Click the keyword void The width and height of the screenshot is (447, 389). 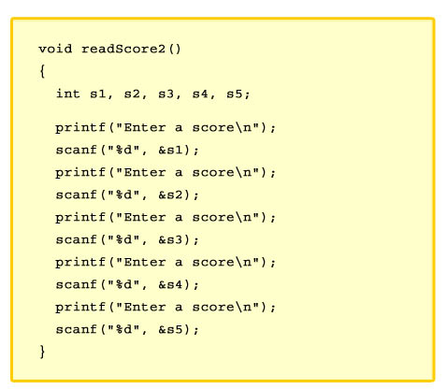pyautogui.click(x=55, y=49)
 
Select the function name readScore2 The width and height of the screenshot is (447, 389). pyautogui.click(x=123, y=49)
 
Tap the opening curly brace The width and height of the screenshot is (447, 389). pyautogui.click(x=42, y=71)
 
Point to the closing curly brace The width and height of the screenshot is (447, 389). pyautogui.click(x=42, y=352)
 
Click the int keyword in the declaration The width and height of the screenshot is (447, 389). pyautogui.click(x=68, y=94)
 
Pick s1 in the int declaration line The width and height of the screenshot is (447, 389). pyautogui.click(x=98, y=94)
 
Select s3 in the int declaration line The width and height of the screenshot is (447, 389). pyautogui.click(x=166, y=94)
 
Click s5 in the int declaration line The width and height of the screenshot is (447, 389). pyautogui.click(x=235, y=94)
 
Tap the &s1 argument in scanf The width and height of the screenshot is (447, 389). pyautogui.click(x=170, y=150)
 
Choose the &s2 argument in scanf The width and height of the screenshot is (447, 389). pyautogui.click(x=170, y=194)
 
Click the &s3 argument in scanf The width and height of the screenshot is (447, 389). pyautogui.click(x=170, y=239)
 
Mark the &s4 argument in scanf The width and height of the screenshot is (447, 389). pyautogui.click(x=170, y=284)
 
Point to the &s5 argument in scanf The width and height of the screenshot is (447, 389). pyautogui.click(x=170, y=329)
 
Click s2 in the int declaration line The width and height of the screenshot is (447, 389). pyautogui.click(x=132, y=94)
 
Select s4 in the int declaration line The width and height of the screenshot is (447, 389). pyautogui.click(x=200, y=94)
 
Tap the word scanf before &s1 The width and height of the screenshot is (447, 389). pyautogui.click(x=77, y=150)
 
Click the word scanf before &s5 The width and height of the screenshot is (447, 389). pyautogui.click(x=77, y=329)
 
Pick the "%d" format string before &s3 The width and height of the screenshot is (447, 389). pyautogui.click(x=123, y=239)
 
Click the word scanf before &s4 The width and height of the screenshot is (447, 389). pyautogui.click(x=77, y=284)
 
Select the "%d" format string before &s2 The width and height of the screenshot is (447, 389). pyautogui.click(x=123, y=194)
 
